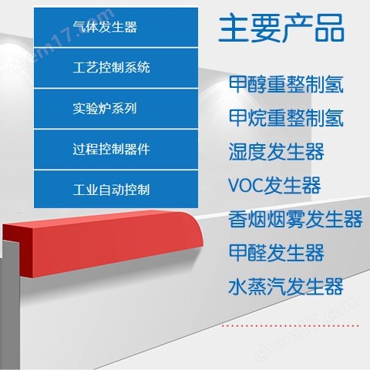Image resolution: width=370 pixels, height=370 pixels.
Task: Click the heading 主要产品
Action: point(281,28)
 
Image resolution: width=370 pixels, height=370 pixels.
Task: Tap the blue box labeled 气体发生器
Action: point(116,27)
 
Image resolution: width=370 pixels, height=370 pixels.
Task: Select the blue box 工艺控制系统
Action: point(116,68)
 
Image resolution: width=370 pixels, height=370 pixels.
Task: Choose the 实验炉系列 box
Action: point(116,109)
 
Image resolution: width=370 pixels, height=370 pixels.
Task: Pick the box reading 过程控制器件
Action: point(116,149)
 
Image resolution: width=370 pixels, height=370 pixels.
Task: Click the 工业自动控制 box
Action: point(116,190)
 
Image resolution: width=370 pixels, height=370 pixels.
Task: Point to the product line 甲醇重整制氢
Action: point(286,84)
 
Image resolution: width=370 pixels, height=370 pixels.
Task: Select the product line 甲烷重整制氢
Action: point(286,118)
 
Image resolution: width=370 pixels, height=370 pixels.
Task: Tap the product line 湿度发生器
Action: point(276,152)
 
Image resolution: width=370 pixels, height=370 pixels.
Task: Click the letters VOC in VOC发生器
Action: point(246,185)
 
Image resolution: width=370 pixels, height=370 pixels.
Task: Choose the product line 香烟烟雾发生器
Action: point(295,219)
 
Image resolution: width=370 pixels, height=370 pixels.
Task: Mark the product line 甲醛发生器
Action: point(276,253)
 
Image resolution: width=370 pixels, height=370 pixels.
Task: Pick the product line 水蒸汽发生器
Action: point(286,286)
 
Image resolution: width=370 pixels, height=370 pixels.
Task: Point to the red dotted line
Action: point(291,326)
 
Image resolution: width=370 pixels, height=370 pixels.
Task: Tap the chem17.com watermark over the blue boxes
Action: point(62,41)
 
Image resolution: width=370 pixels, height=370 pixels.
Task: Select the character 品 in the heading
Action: point(329,29)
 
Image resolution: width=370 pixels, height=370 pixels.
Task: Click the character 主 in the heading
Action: point(233,28)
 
